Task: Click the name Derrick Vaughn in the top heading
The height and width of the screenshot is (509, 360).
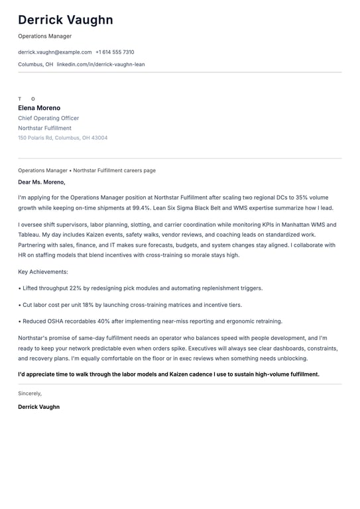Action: tap(66, 21)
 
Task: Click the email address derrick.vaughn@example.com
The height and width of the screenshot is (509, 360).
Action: tap(55, 52)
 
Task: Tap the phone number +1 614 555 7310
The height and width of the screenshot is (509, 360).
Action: tap(115, 52)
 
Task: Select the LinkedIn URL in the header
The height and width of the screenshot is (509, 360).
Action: tap(101, 64)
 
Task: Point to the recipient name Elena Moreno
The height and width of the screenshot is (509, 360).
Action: tap(39, 108)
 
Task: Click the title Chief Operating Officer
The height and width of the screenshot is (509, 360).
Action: tap(48, 118)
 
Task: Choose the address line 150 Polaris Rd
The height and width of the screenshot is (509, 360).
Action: tap(62, 138)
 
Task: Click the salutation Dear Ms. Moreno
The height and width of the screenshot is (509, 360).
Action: tap(42, 182)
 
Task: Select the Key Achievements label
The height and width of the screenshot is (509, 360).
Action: tap(43, 272)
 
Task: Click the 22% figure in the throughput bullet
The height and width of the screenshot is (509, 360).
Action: tap(76, 288)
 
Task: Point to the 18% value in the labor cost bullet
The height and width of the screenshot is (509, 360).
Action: tap(88, 305)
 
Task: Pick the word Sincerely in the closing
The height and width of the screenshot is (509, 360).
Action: tap(30, 393)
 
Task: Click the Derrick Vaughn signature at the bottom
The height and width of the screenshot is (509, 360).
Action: tap(38, 407)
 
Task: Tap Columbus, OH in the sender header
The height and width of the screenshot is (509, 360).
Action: tap(36, 64)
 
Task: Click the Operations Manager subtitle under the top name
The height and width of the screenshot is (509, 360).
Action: tap(44, 36)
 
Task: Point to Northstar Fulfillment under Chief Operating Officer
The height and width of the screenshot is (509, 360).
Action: tap(44, 128)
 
